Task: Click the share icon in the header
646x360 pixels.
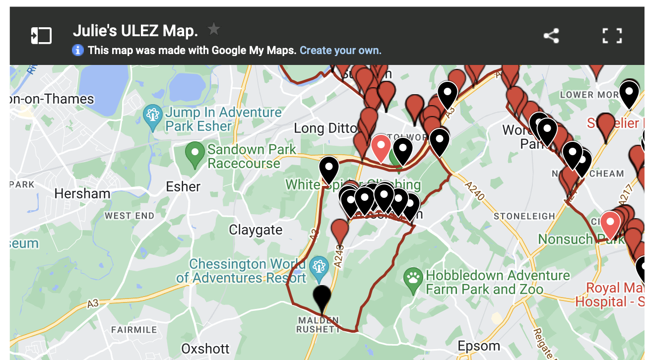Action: tap(551, 36)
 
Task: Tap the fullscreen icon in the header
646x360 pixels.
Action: tap(612, 36)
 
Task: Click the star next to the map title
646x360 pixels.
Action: tap(213, 29)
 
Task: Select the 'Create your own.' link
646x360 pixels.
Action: tap(340, 50)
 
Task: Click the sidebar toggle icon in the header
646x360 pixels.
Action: tap(41, 36)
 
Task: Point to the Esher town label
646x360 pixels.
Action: tap(183, 187)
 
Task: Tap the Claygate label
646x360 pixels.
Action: tap(256, 230)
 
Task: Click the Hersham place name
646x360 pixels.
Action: tap(82, 193)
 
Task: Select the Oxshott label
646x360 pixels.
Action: tap(205, 349)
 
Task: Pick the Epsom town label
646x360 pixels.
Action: tap(479, 346)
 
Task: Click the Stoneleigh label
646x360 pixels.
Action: tap(524, 216)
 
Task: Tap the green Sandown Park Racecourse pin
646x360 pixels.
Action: tap(195, 154)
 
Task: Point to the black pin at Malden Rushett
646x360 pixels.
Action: tap(322, 298)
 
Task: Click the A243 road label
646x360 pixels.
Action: tap(339, 255)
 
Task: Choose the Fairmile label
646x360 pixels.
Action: tap(134, 330)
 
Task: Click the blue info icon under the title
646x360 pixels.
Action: tap(77, 50)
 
